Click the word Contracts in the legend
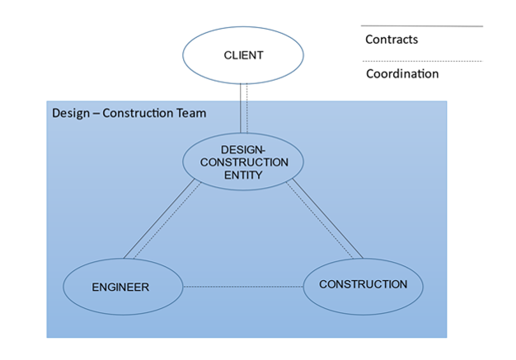pos(392,40)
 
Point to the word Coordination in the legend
pos(401,74)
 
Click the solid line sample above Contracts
pos(421,26)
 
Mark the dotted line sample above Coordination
pos(421,61)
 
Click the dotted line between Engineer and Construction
pos(243,287)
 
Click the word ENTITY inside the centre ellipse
pos(243,175)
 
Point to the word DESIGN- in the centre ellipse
pos(243,149)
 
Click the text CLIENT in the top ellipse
pos(243,55)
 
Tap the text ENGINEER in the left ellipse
pos(120,288)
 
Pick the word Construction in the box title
pos(138,113)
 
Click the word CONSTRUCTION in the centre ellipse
pos(243,162)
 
